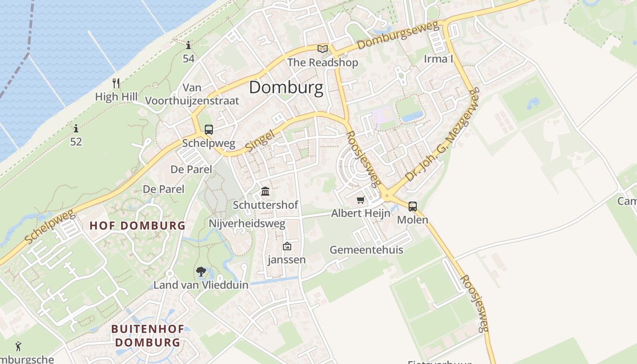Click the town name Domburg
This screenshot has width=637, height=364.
pos(286,87)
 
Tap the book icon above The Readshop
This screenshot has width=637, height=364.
pos(323,49)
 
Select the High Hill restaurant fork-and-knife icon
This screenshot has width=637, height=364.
pos(116,83)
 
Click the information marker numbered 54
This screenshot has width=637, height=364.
pos(188,45)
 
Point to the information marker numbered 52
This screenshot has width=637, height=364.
pos(76,129)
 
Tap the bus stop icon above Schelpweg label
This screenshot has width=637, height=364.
pos(209,130)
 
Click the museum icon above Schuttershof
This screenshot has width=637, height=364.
pos(265,191)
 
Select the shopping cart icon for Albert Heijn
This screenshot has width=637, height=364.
pos(361,200)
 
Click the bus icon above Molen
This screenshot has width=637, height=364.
pos(413,206)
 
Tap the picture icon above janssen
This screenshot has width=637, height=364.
pos(287,246)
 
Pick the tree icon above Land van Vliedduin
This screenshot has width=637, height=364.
pos(201,272)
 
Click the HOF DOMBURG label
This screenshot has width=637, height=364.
pos(137,225)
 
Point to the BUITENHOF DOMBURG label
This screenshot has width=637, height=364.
pos(147,335)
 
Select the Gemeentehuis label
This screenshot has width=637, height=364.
pos(366,250)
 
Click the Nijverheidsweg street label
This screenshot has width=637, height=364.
pos(247,223)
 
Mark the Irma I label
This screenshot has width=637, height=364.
pos(439,59)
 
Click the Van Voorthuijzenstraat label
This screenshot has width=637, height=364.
pos(192,94)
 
